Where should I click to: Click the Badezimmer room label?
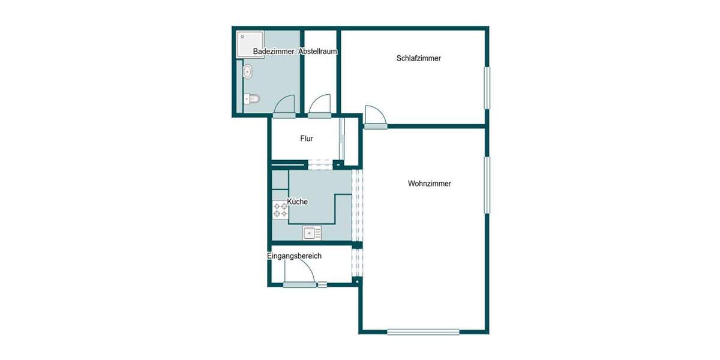tap(274, 52)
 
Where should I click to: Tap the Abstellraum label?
tap(318, 52)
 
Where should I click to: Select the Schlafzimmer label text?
tap(419, 58)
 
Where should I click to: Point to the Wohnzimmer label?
tap(429, 184)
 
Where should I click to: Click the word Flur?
tap(307, 139)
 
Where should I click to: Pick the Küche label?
tap(297, 202)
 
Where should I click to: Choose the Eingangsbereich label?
tap(294, 256)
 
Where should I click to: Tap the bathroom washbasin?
tap(247, 73)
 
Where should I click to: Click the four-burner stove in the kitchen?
tap(280, 209)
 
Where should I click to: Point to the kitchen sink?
tap(312, 232)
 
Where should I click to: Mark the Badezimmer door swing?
tap(284, 106)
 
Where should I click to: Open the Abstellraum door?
tap(320, 105)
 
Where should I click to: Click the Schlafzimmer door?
tap(374, 117)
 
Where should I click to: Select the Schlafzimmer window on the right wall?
tap(488, 88)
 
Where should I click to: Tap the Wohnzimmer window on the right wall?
tap(488, 185)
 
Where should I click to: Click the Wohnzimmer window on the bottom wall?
tap(423, 331)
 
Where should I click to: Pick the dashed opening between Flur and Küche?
tap(320, 163)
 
